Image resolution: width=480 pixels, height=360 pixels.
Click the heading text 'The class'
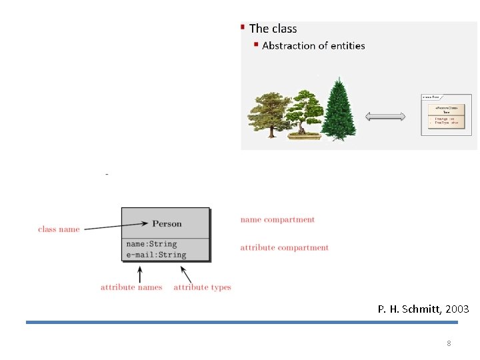(x=273, y=29)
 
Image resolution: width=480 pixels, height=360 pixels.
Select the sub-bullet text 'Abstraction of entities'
(x=313, y=46)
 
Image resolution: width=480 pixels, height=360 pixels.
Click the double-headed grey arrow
(x=385, y=117)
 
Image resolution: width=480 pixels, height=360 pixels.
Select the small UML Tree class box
(x=446, y=114)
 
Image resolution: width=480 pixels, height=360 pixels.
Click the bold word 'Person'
(x=167, y=223)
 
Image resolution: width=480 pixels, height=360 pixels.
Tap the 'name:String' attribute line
(x=151, y=244)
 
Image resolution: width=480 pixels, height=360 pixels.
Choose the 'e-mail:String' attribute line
(x=156, y=255)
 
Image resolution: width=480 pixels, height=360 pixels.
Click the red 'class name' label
(x=59, y=229)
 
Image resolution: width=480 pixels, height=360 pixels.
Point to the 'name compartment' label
(x=277, y=219)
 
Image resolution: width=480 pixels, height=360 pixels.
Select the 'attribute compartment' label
(x=285, y=248)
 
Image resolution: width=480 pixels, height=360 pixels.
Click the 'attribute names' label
(x=131, y=287)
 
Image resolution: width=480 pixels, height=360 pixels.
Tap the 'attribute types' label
(x=202, y=287)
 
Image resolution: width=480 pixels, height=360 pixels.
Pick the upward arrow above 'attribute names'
(x=140, y=273)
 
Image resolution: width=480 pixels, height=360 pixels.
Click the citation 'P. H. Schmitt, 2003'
(x=423, y=309)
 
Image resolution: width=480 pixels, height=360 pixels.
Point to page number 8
(x=449, y=343)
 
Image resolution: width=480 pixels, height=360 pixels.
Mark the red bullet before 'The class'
(x=243, y=27)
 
